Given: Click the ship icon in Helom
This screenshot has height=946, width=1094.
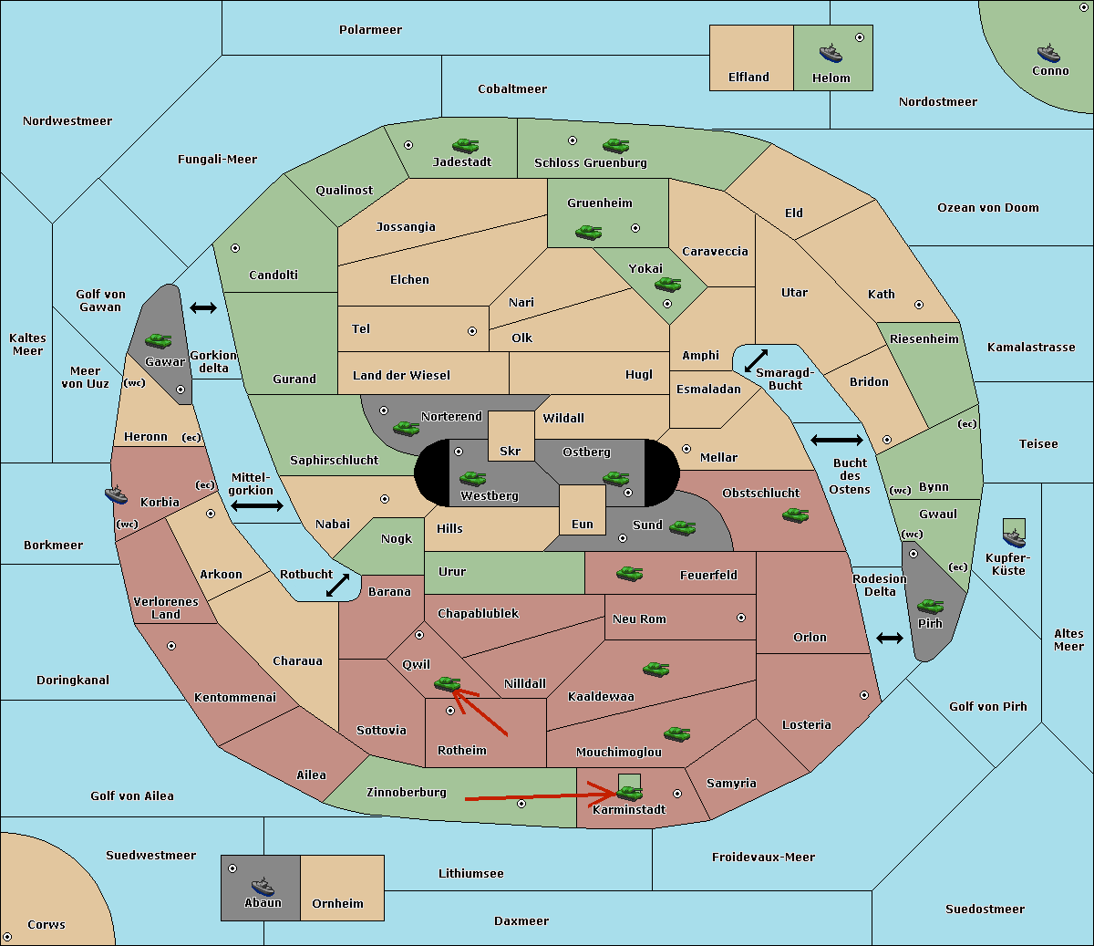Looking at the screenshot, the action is pyautogui.click(x=831, y=53).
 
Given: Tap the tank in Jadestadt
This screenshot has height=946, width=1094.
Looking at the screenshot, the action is pyautogui.click(x=466, y=145).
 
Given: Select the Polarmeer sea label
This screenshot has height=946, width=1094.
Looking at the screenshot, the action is pyautogui.click(x=370, y=30).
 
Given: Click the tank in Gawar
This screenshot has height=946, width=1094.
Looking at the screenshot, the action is pyautogui.click(x=159, y=340).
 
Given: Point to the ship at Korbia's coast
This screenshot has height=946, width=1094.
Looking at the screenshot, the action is pyautogui.click(x=117, y=494).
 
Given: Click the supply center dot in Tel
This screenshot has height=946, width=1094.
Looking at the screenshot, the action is pyautogui.click(x=472, y=331).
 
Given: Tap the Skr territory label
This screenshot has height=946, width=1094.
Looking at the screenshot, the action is pyautogui.click(x=511, y=451).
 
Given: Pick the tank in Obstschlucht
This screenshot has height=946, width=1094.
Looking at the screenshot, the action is pyautogui.click(x=796, y=515).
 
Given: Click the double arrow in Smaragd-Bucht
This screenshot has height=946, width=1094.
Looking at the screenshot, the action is pyautogui.click(x=756, y=360).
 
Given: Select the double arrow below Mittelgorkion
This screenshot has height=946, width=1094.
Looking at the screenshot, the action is pyautogui.click(x=257, y=506).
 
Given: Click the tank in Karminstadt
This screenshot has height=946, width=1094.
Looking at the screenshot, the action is pyautogui.click(x=630, y=793).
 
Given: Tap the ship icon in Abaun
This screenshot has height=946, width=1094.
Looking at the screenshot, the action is pyautogui.click(x=263, y=886).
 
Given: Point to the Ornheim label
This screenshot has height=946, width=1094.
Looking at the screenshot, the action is pyautogui.click(x=337, y=903).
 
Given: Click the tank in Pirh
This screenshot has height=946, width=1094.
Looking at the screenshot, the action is pyautogui.click(x=930, y=606).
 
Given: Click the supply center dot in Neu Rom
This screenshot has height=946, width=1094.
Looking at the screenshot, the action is pyautogui.click(x=741, y=618).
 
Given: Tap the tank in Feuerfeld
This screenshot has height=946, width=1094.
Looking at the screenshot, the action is pyautogui.click(x=629, y=574).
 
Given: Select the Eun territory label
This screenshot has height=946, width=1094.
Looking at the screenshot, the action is pyautogui.click(x=583, y=525).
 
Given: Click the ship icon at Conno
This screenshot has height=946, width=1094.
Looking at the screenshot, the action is pyautogui.click(x=1048, y=53).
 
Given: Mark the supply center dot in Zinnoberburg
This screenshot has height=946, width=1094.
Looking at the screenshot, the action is pyautogui.click(x=521, y=804).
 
